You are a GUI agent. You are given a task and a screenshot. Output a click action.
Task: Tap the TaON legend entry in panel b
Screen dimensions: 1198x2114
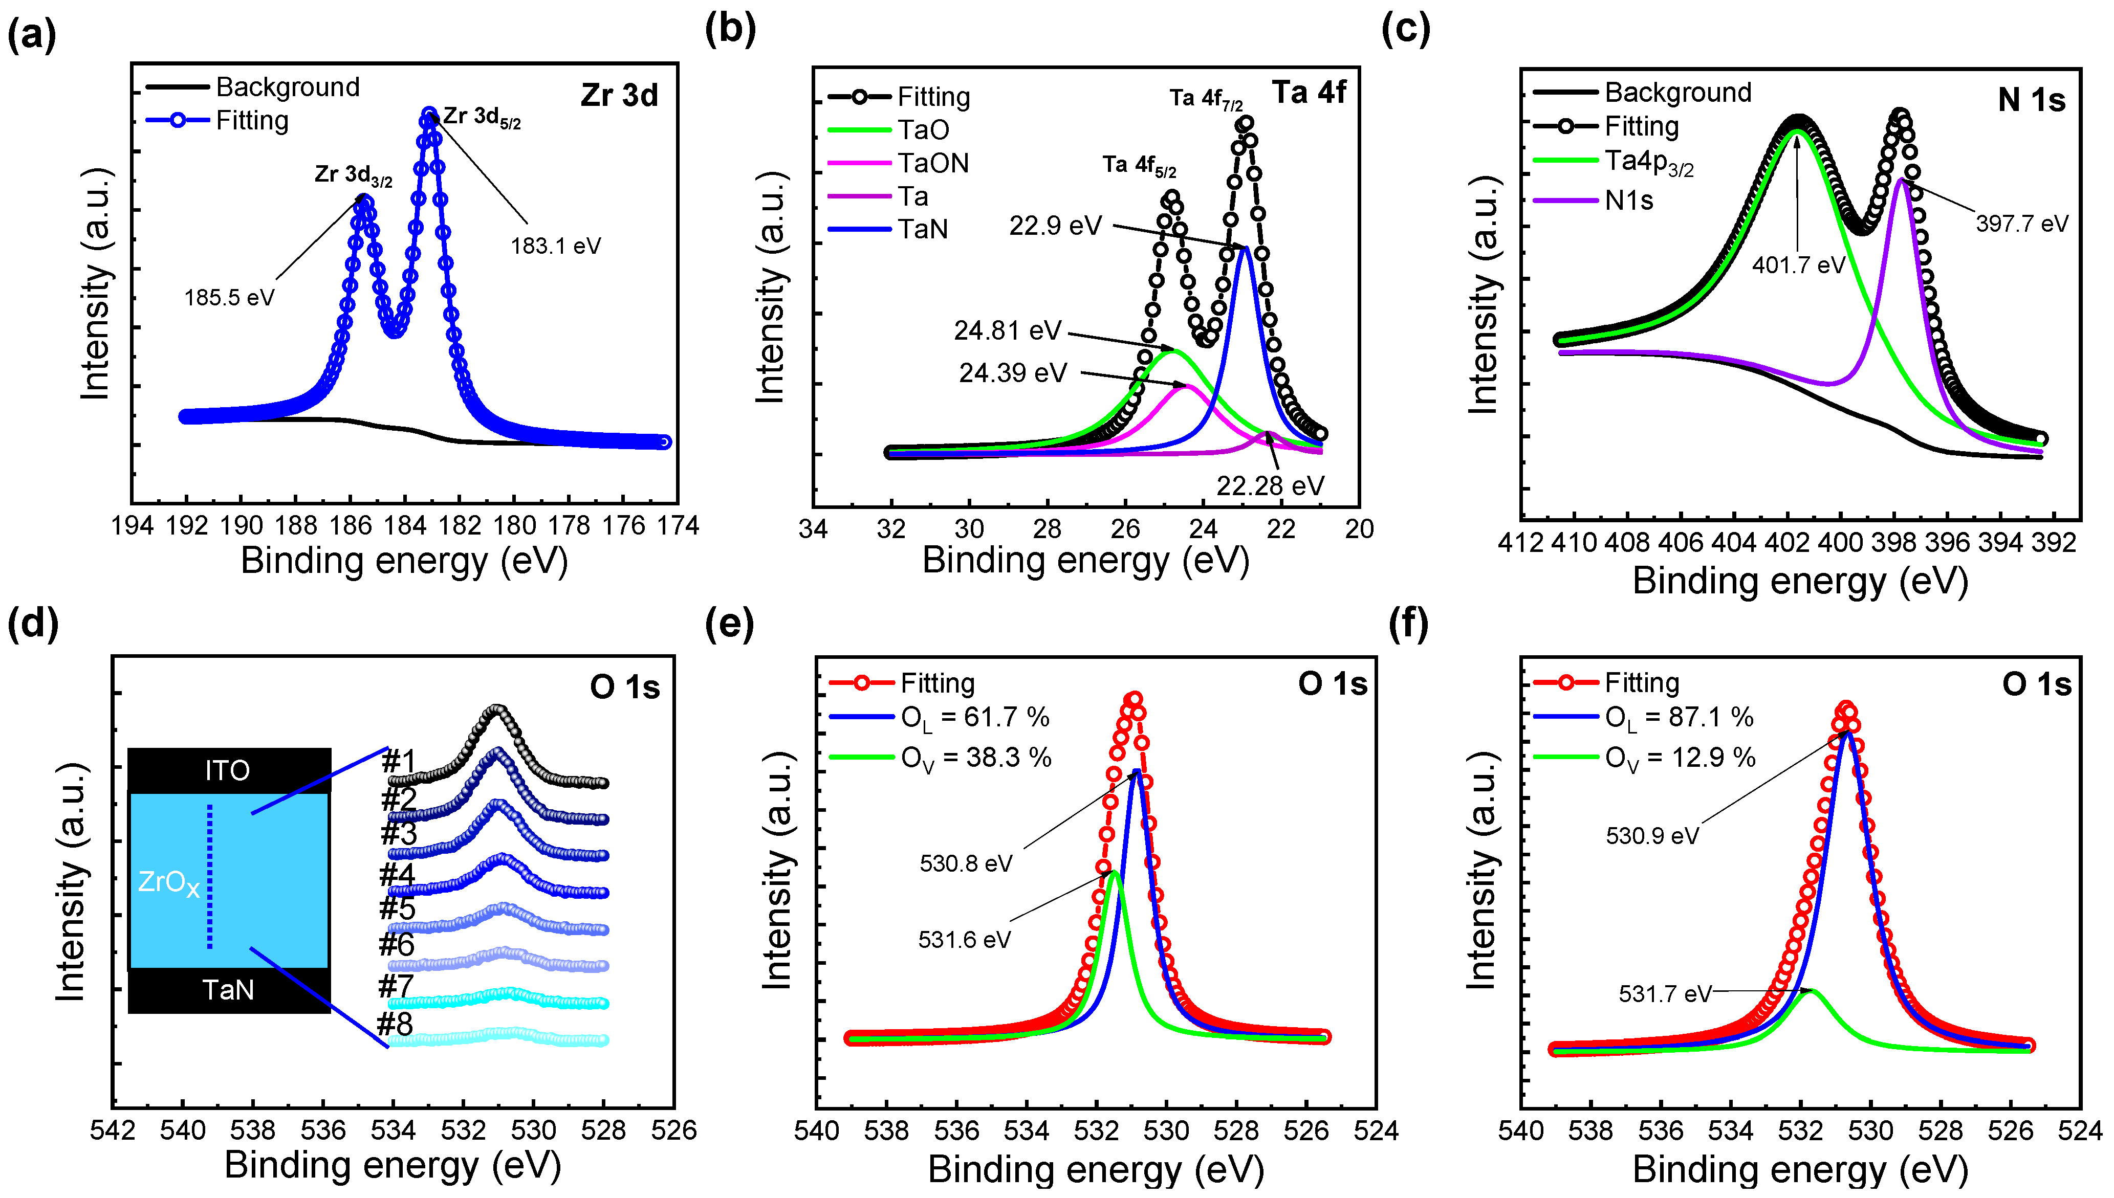tap(932, 163)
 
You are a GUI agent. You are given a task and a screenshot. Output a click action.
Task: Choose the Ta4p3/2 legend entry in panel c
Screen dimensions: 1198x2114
tap(1648, 162)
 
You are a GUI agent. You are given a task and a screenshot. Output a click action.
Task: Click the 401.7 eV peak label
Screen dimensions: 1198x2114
tap(1798, 265)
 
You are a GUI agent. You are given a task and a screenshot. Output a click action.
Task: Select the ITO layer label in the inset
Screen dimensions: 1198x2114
tap(228, 770)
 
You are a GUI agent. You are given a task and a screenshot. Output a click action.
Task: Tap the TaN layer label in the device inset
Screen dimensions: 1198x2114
tap(228, 989)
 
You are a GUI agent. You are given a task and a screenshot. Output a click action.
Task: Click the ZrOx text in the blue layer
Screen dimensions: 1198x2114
tap(169, 883)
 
